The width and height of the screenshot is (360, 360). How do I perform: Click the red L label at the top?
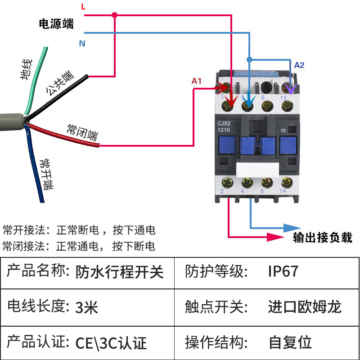pyautogui.click(x=83, y=6)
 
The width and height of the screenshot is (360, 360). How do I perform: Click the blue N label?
pyautogui.click(x=82, y=44)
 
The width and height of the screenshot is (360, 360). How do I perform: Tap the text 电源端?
pyautogui.click(x=56, y=24)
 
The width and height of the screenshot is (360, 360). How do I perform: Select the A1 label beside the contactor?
pyautogui.click(x=197, y=81)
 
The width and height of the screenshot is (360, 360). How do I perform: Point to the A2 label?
pyautogui.click(x=299, y=65)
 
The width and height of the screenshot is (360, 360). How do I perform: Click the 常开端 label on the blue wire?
pyautogui.click(x=45, y=174)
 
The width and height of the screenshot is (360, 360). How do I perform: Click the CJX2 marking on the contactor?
pyautogui.click(x=225, y=123)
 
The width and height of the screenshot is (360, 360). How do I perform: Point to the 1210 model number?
pyautogui.click(x=224, y=130)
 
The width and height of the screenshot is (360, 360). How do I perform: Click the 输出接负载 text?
pyautogui.click(x=322, y=238)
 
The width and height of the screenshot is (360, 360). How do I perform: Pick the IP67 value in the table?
pyautogui.click(x=283, y=271)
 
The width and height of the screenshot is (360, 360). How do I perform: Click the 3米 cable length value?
pyautogui.click(x=86, y=308)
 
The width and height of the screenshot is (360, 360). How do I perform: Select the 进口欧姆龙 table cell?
pyautogui.click(x=305, y=307)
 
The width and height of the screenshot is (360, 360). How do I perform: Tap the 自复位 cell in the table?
pyautogui.click(x=290, y=342)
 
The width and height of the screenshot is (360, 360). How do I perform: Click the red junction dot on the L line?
pyautogui.click(x=115, y=15)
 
